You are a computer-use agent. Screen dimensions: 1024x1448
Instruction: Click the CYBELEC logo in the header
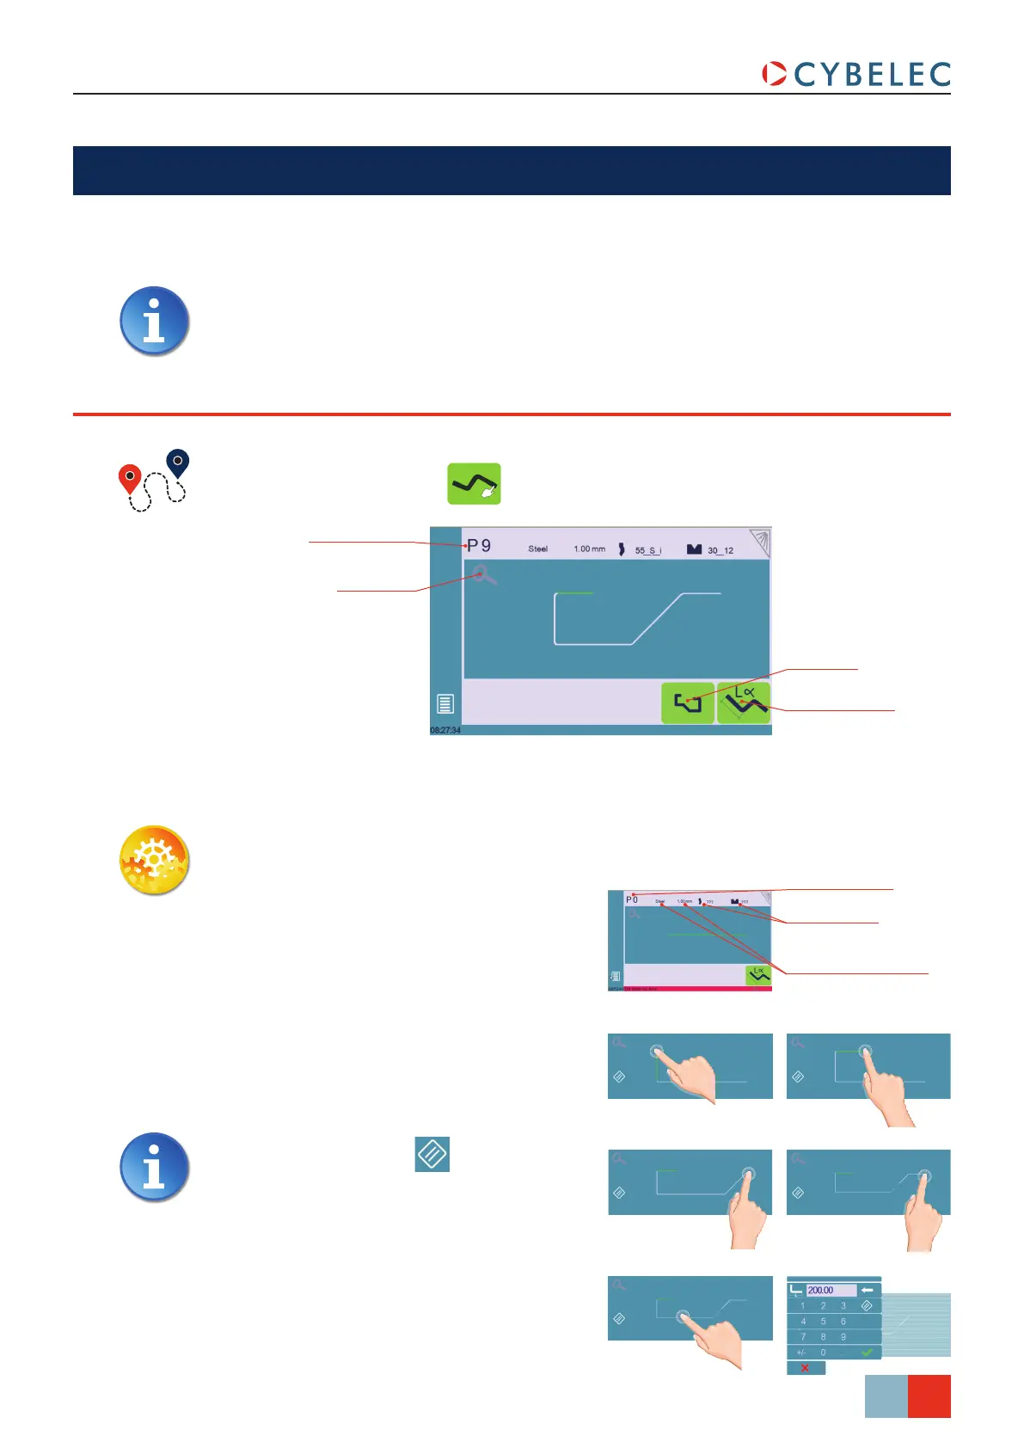point(856,74)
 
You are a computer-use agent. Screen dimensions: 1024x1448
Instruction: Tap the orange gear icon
point(154,861)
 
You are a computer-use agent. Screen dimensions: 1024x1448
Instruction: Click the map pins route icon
point(153,481)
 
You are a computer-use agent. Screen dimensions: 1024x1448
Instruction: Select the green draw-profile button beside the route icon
point(474,484)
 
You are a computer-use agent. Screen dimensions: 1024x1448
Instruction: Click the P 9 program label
point(479,546)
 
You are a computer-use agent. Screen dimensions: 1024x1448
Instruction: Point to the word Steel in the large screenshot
point(538,549)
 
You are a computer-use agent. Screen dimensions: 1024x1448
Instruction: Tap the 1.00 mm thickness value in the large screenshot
point(590,549)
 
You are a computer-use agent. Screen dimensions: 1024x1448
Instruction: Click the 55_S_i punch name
point(648,550)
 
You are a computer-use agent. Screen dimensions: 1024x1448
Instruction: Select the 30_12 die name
point(720,550)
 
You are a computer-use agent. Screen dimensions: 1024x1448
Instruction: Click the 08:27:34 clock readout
point(445,730)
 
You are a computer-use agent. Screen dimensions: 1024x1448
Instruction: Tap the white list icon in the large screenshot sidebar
point(445,703)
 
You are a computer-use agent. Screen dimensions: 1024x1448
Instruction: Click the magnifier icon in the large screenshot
point(484,574)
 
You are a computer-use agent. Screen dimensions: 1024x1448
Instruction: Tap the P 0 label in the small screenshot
point(632,899)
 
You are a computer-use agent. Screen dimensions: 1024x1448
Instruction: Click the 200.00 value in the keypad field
point(821,1290)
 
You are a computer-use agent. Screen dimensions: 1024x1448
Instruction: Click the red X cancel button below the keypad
point(805,1367)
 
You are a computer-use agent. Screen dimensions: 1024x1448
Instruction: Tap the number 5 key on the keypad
point(823,1322)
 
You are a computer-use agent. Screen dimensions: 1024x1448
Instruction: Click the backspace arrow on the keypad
point(868,1290)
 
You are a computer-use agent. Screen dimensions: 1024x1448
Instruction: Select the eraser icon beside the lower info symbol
point(432,1154)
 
